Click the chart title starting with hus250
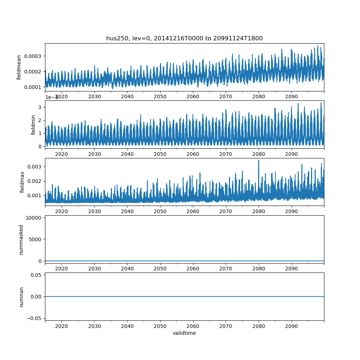[x=184, y=38]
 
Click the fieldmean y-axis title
[x=19, y=67]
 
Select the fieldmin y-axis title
[x=33, y=125]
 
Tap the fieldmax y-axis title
[x=22, y=182]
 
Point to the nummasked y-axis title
[x=21, y=239]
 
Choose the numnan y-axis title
[x=21, y=297]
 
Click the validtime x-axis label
[x=184, y=333]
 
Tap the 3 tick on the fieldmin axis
[x=40, y=107]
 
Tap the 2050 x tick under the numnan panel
[x=160, y=326]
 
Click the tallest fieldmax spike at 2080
[x=258, y=161]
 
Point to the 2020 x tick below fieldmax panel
[x=62, y=211]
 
